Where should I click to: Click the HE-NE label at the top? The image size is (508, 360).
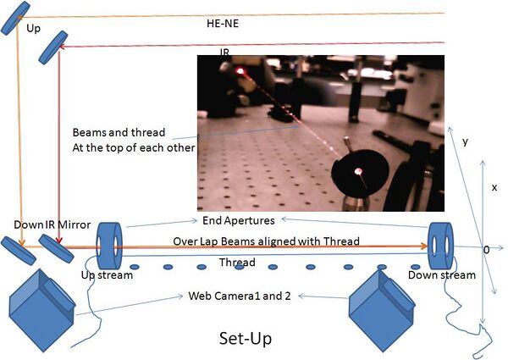click(223, 24)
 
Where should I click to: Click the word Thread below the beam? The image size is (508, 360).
click(236, 263)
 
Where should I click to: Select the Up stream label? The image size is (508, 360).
click(100, 275)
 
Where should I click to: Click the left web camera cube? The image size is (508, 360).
click(42, 300)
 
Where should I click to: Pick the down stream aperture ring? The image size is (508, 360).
click(441, 244)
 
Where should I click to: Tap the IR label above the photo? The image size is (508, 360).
click(224, 53)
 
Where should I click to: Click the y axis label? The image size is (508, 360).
click(465, 141)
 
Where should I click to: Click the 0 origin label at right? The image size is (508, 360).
click(485, 251)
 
